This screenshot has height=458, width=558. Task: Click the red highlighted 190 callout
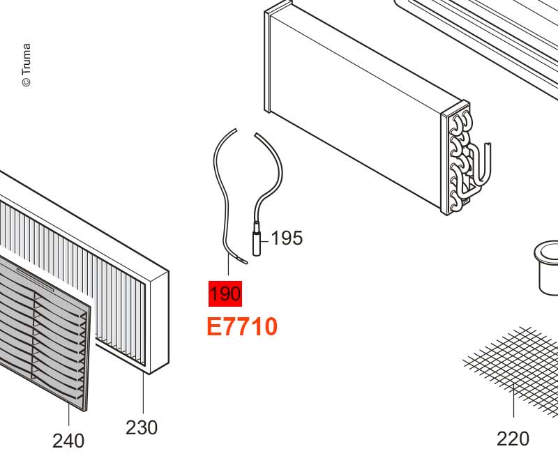pos(225,293)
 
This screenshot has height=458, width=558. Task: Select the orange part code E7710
pos(242,327)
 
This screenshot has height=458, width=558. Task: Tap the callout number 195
pos(287,238)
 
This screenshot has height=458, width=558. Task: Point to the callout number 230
pos(142,428)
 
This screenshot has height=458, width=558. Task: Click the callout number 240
pos(68,441)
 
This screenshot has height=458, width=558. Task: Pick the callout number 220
pos(513,438)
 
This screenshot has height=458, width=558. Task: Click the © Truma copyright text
pos(27,65)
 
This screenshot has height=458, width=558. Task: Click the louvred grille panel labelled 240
pos(43,330)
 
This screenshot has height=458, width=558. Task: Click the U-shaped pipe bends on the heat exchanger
pos(465,160)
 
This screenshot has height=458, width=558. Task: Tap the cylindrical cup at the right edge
pos(547,268)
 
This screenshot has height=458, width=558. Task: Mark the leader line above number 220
pos(513,400)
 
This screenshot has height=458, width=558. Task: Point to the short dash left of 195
pos(264,241)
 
